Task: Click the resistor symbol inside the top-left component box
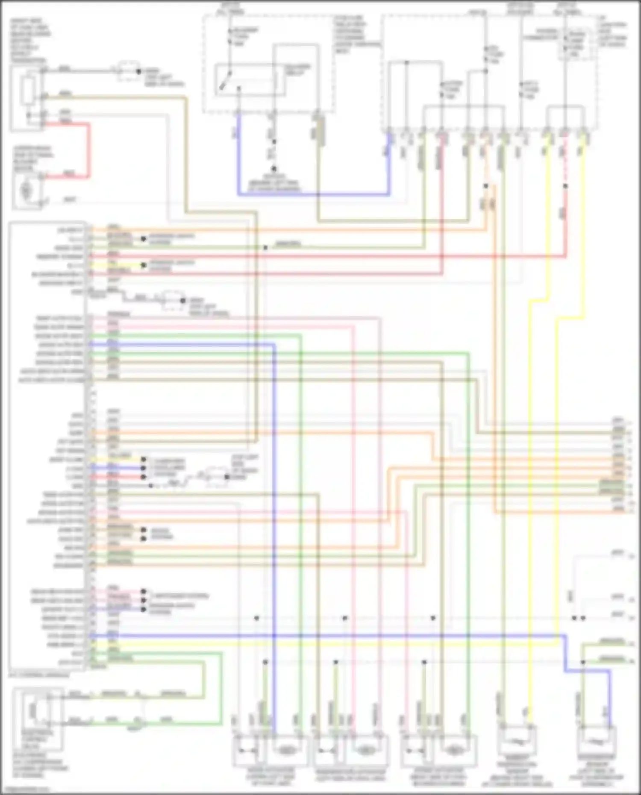(x=29, y=91)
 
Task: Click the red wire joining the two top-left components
(x=89, y=150)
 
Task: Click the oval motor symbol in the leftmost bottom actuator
(x=285, y=750)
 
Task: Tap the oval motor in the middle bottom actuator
(x=365, y=750)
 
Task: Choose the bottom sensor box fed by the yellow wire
(x=517, y=741)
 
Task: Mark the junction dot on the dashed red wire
(x=565, y=186)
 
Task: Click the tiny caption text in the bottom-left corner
(x=26, y=789)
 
